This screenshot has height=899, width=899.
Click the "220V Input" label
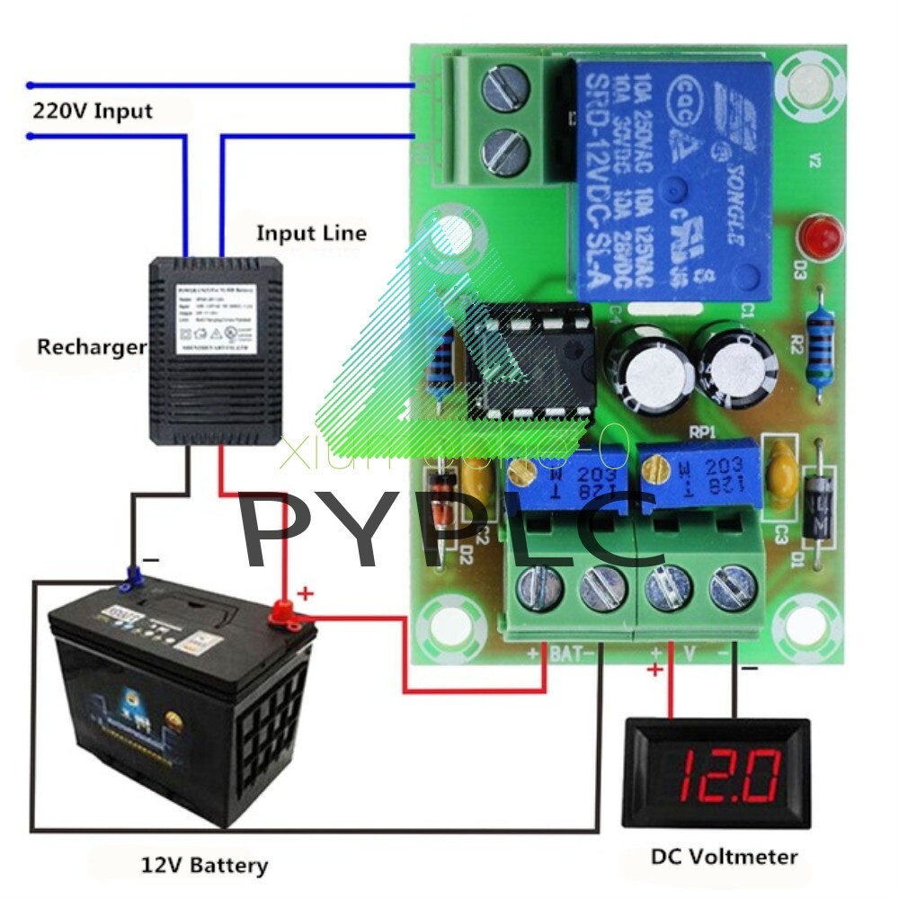93,111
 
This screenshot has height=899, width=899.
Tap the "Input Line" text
311,234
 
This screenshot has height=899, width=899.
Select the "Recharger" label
91,347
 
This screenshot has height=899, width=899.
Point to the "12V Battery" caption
204,866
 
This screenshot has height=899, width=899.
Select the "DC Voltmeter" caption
724,856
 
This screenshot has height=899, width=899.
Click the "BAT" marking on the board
565,654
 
